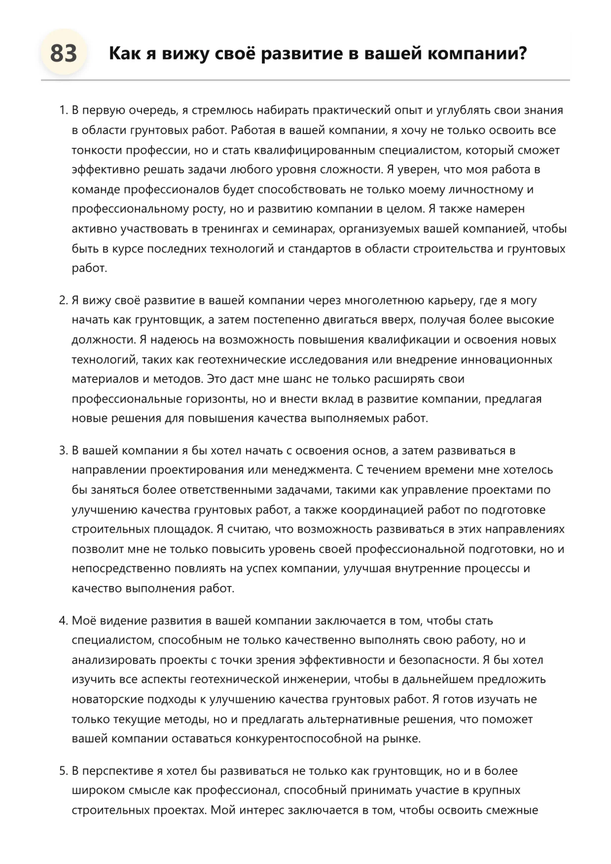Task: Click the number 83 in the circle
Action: coord(64,53)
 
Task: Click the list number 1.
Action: coord(63,110)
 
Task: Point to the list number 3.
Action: coord(63,450)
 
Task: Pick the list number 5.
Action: coord(63,771)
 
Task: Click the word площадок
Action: coord(182,529)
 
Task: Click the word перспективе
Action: coord(117,771)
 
